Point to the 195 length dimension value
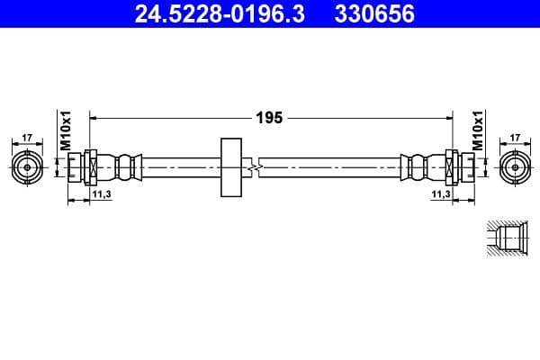point(269,117)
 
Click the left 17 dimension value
point(27,138)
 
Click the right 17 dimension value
point(515,138)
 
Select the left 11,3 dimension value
point(100,193)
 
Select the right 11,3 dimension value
point(441,193)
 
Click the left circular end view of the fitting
point(27,166)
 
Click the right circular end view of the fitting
point(515,166)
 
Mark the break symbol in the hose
point(258,167)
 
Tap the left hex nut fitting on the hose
point(91,166)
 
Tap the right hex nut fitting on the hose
point(451,166)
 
